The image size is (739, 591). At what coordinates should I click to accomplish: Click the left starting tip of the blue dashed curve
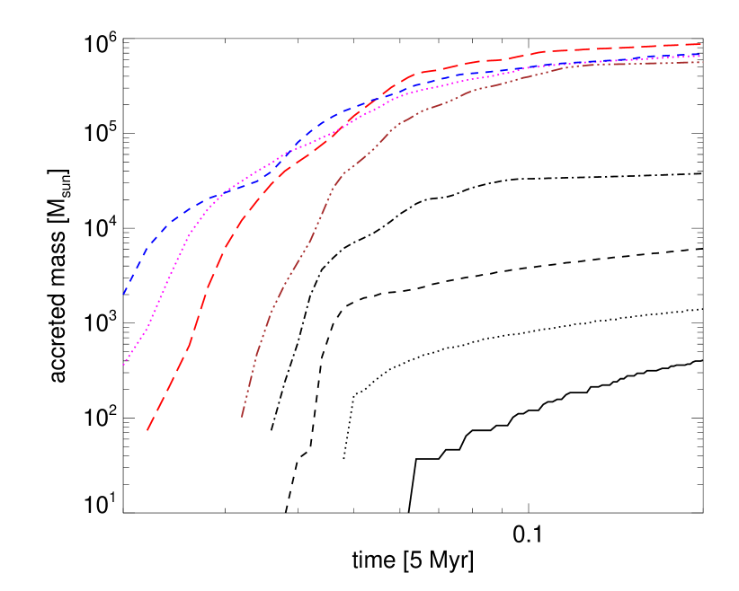click(123, 294)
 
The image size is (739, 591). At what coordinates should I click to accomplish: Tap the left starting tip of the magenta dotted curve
click(123, 365)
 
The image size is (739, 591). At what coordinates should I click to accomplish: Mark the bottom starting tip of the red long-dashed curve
click(147, 430)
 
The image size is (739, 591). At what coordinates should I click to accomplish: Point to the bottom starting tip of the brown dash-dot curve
click(242, 417)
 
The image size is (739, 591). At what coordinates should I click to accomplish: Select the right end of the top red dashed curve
click(701, 43)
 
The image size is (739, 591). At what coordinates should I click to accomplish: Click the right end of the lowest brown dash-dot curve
click(702, 62)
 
